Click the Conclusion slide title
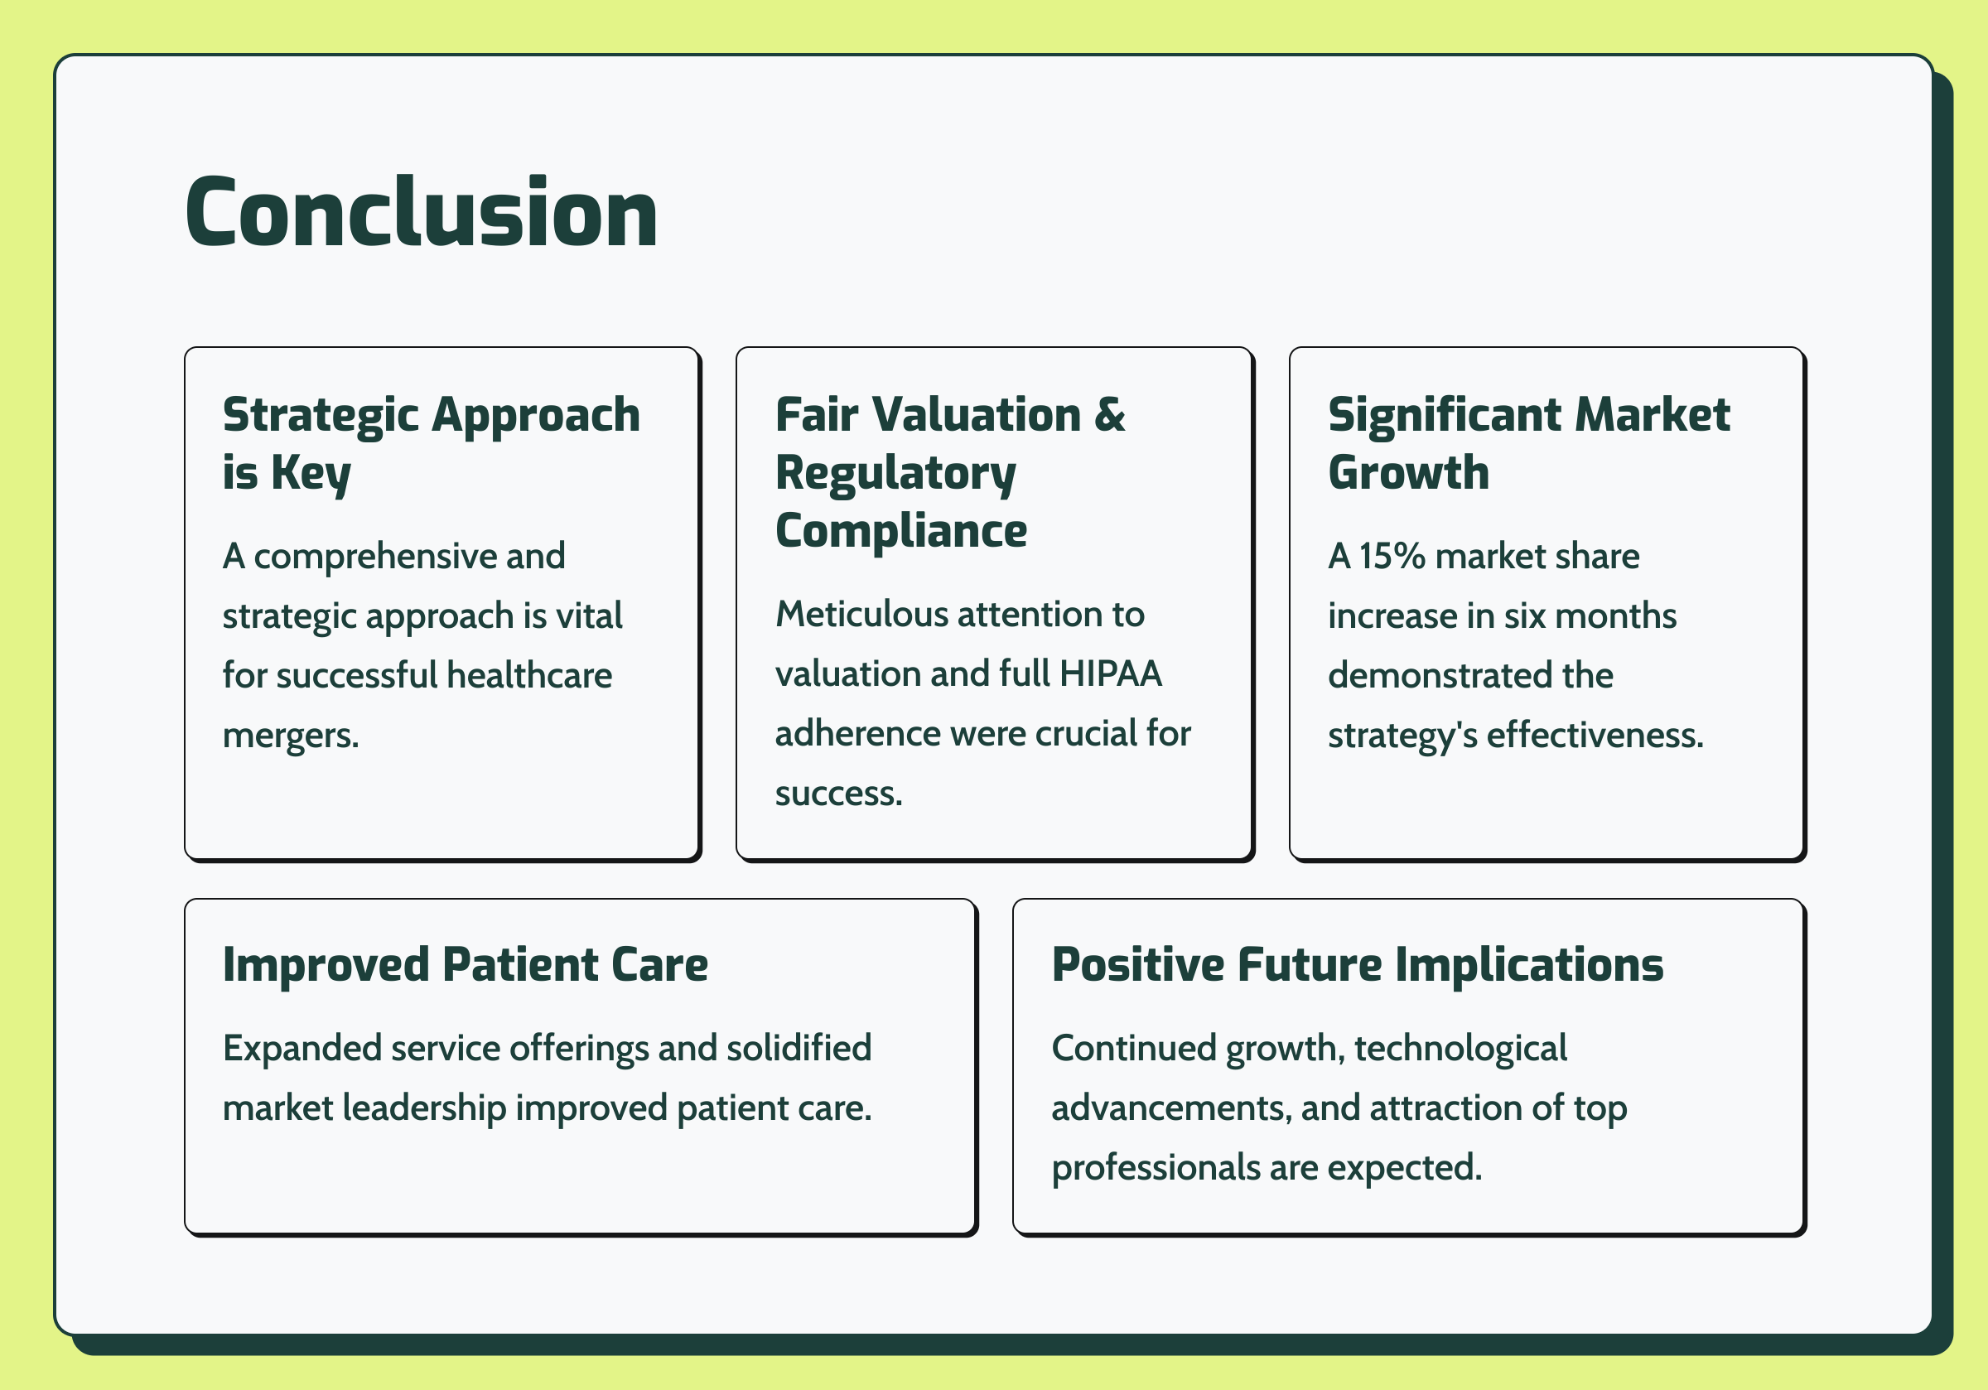tap(422, 212)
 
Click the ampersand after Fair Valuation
tap(1109, 414)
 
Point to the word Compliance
tap(900, 530)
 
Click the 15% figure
tap(1392, 556)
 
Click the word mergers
tap(291, 736)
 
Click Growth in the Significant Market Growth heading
tap(1408, 473)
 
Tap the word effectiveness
tap(1595, 735)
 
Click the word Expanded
tap(302, 1049)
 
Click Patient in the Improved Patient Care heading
tap(519, 965)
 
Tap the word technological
tap(1460, 1049)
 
